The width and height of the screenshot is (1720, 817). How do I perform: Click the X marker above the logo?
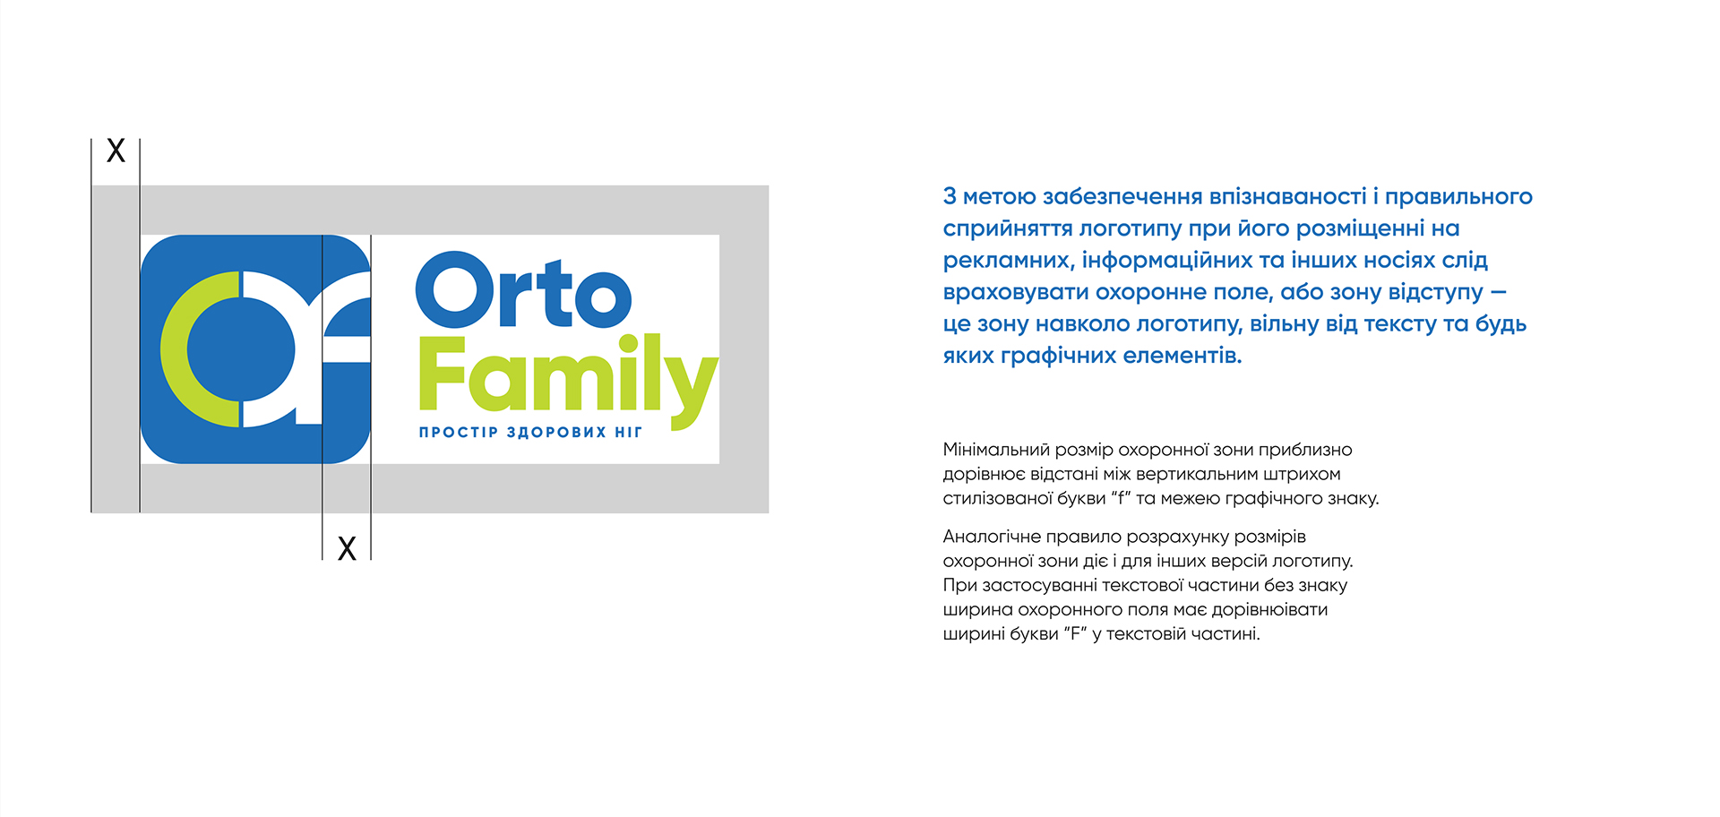click(116, 150)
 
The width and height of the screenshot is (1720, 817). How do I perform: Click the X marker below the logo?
click(347, 548)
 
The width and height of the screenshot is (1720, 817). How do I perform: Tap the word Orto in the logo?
click(523, 291)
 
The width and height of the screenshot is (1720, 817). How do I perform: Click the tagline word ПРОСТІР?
click(459, 433)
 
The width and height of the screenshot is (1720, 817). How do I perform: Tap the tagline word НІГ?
click(629, 433)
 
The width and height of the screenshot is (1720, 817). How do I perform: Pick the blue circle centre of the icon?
click(241, 349)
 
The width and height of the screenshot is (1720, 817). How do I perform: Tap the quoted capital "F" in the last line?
click(1075, 633)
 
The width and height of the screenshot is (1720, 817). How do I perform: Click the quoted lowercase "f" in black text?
click(1121, 498)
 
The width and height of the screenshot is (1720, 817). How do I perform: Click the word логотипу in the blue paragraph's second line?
click(1130, 229)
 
